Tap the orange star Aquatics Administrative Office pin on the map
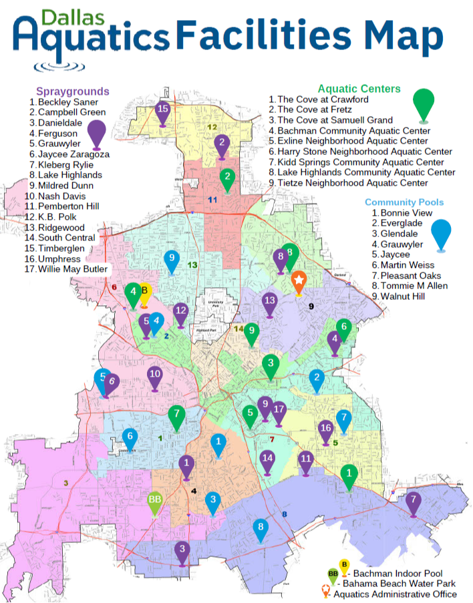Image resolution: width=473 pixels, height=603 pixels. click(x=299, y=280)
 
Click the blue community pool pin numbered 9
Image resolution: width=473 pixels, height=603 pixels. click(x=172, y=259)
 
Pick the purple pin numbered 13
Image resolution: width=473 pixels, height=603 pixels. click(x=269, y=303)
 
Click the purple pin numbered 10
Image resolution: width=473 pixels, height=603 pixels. click(x=155, y=377)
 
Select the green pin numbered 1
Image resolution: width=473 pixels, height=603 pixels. click(x=348, y=474)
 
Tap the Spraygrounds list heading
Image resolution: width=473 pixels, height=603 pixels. click(x=72, y=91)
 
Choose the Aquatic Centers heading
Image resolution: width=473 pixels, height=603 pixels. click(x=359, y=88)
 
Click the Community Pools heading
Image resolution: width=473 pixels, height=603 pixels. click(x=404, y=202)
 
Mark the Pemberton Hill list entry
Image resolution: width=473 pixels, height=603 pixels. click(x=68, y=206)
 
